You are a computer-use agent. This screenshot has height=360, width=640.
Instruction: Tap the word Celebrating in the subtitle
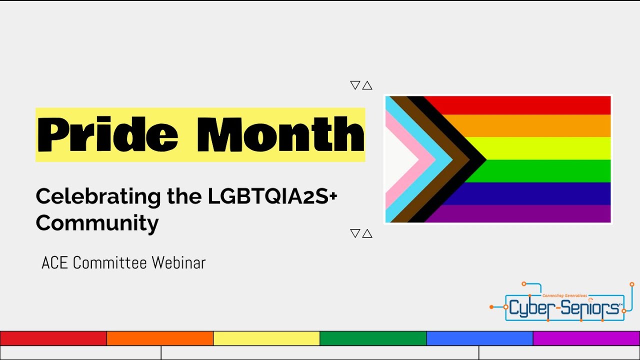point(98,197)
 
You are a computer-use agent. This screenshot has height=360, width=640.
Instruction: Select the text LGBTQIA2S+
point(272,196)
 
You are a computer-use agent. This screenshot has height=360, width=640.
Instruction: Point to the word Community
point(97,223)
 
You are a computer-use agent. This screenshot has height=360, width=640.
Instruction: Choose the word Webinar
point(178,262)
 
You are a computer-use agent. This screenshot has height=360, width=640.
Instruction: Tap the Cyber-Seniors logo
point(561,301)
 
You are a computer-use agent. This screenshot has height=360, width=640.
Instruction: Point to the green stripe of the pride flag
point(540,171)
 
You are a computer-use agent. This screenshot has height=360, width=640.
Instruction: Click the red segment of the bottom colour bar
point(53,338)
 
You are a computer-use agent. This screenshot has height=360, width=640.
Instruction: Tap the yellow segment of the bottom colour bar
point(266,338)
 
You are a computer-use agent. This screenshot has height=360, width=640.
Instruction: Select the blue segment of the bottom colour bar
point(479,338)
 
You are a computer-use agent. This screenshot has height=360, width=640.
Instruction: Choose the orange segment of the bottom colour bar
point(160,338)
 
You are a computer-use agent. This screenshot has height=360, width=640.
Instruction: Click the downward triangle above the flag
point(355,85)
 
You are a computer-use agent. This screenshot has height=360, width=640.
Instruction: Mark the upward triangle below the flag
point(367,233)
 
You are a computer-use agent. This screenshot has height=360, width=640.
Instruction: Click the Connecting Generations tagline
point(565,295)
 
